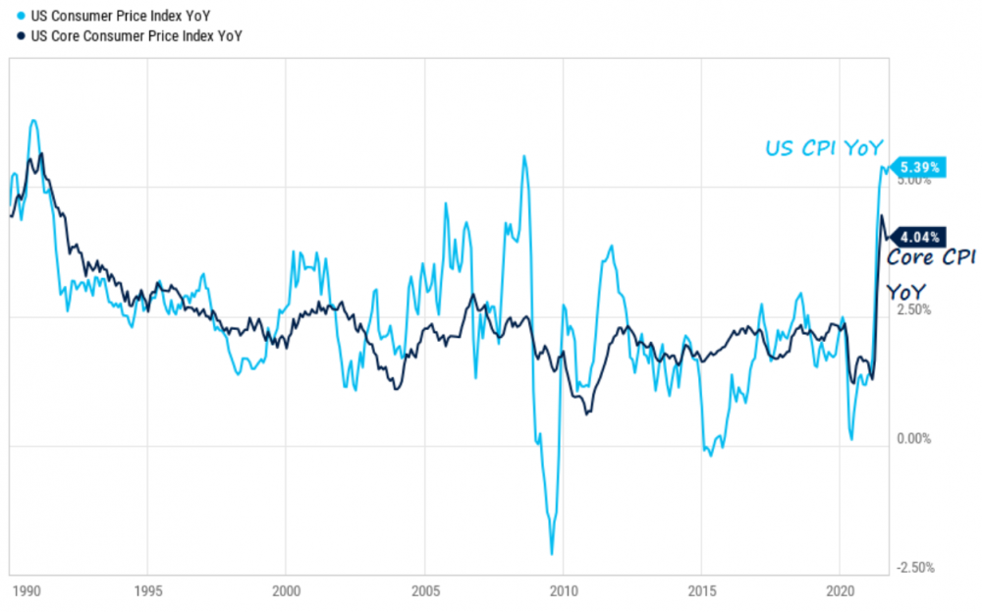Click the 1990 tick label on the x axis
(x=27, y=593)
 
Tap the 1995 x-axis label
(x=147, y=593)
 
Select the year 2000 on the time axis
(x=285, y=593)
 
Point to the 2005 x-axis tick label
(x=424, y=593)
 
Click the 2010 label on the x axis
(x=563, y=593)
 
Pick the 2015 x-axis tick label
(x=701, y=593)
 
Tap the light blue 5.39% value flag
(x=919, y=168)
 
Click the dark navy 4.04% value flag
(x=919, y=237)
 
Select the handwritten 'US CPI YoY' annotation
(x=824, y=148)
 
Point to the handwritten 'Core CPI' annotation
(x=931, y=258)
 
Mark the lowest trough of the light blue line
(x=552, y=554)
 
